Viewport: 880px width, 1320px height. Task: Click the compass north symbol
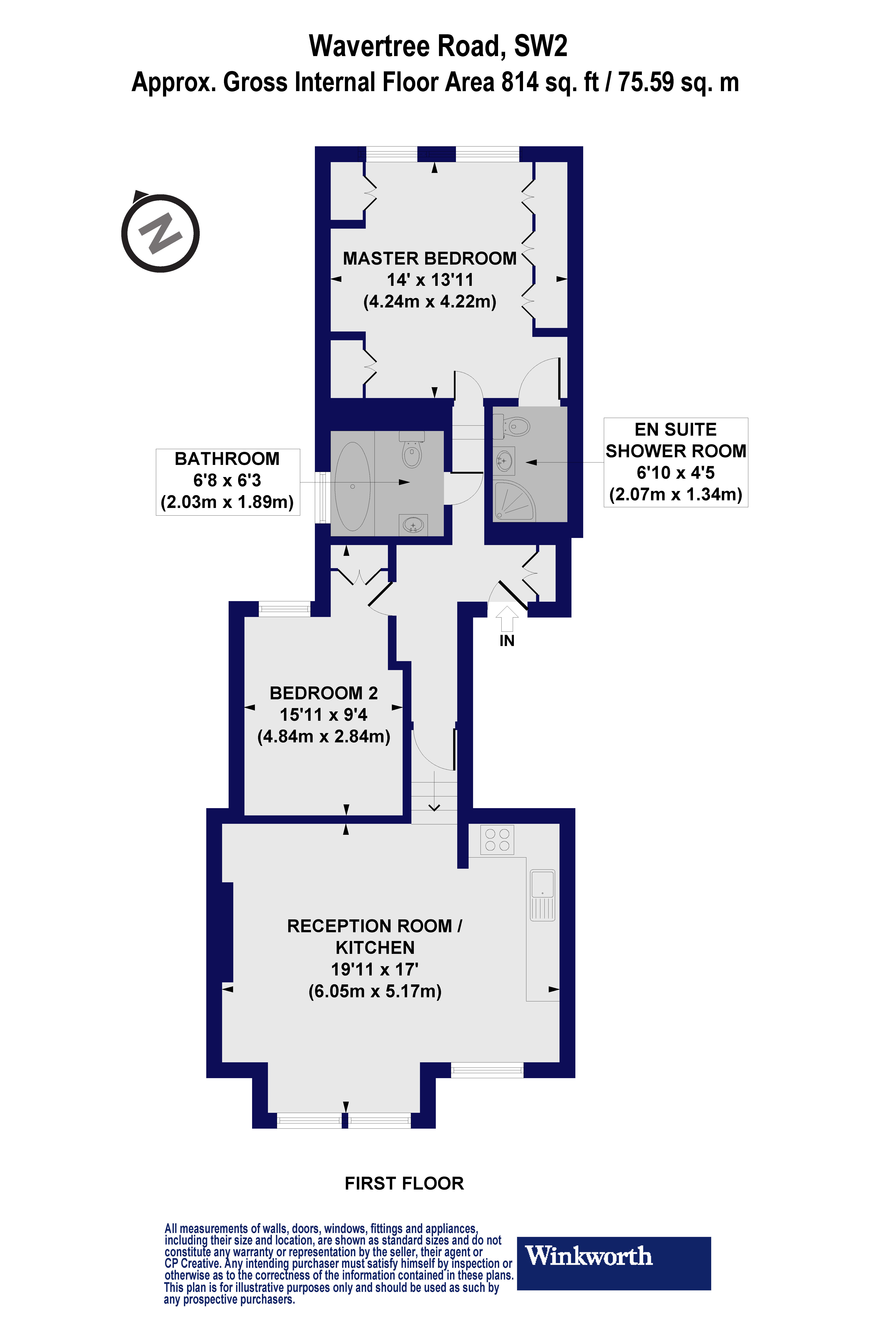pyautogui.click(x=160, y=233)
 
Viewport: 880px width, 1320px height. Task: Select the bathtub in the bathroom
pyautogui.click(x=353, y=486)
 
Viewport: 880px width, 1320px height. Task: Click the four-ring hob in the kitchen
pyautogui.click(x=497, y=840)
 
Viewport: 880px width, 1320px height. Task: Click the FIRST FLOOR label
pyautogui.click(x=404, y=1183)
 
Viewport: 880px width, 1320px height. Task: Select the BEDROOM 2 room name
pyautogui.click(x=324, y=693)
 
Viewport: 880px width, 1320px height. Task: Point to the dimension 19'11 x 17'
pyautogui.click(x=375, y=969)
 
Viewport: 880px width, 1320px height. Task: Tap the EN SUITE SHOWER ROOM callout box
pyautogui.click(x=676, y=462)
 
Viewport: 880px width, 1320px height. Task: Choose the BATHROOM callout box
pyautogui.click(x=227, y=481)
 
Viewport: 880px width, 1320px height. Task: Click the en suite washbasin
pyautogui.click(x=504, y=461)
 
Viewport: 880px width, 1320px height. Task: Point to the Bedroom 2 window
pyautogui.click(x=285, y=609)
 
